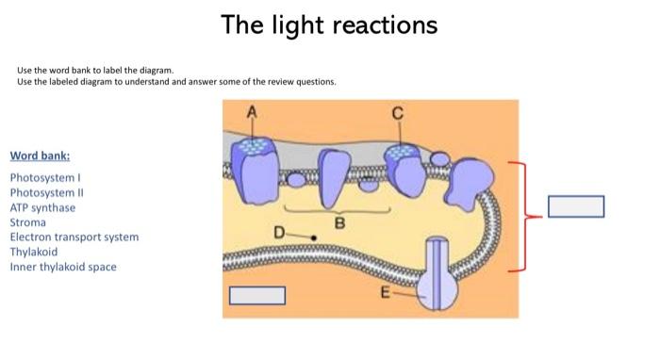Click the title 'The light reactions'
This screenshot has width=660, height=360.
(329, 25)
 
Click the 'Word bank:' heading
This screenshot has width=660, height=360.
(40, 156)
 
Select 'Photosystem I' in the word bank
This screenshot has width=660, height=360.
(41, 177)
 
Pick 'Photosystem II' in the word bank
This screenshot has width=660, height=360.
(43, 192)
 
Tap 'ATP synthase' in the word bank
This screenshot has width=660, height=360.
(42, 207)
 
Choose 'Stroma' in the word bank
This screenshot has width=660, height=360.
(27, 222)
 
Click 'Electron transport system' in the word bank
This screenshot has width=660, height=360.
(74, 237)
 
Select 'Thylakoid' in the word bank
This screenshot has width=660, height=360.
(34, 253)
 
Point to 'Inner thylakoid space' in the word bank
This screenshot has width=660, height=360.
(63, 268)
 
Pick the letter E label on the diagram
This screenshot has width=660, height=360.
(385, 293)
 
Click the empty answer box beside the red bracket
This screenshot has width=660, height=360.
(575, 206)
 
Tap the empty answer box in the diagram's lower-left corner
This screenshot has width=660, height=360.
(256, 295)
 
